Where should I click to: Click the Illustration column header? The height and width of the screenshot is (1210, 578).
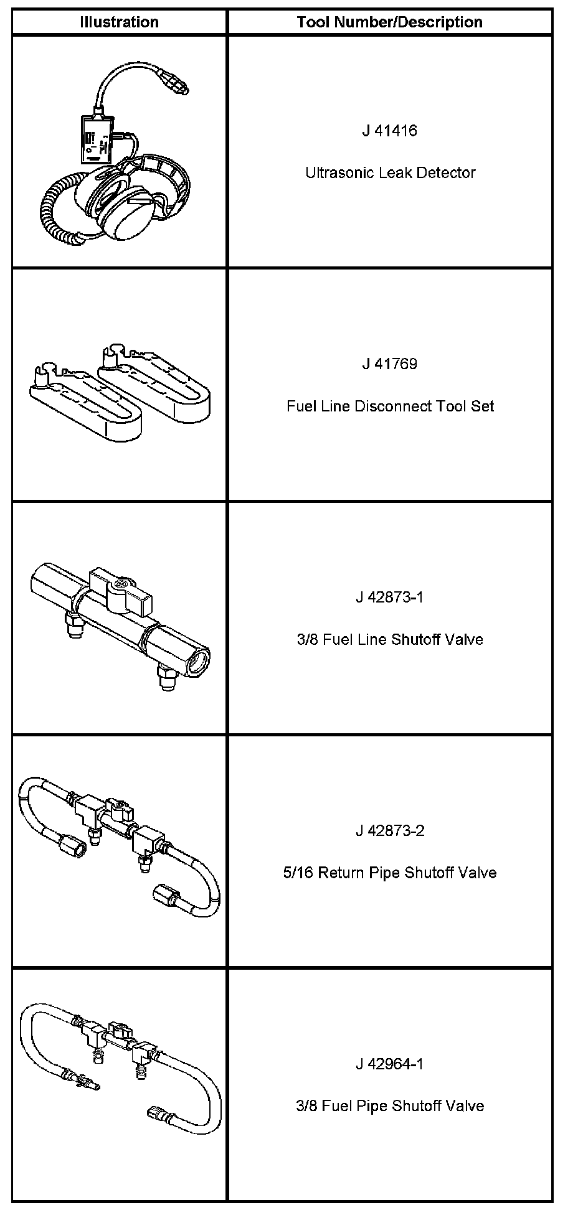(119, 22)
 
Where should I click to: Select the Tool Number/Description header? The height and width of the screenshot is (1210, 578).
(390, 22)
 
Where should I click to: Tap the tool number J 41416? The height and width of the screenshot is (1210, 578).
(390, 131)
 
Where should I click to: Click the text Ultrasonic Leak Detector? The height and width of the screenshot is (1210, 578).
(391, 172)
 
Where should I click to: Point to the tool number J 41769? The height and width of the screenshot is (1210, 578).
(390, 364)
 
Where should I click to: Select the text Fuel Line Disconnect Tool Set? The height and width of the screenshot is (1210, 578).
(391, 406)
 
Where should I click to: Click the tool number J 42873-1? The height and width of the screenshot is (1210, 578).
(390, 598)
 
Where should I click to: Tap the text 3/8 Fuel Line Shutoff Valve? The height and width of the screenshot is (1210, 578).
(390, 640)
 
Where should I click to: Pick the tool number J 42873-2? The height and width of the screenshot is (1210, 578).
(390, 831)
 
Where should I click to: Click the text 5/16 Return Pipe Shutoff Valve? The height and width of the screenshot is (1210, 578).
(390, 873)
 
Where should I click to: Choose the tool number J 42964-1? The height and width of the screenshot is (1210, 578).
(390, 1064)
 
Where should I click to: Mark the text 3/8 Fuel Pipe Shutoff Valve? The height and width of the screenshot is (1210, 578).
(390, 1106)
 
